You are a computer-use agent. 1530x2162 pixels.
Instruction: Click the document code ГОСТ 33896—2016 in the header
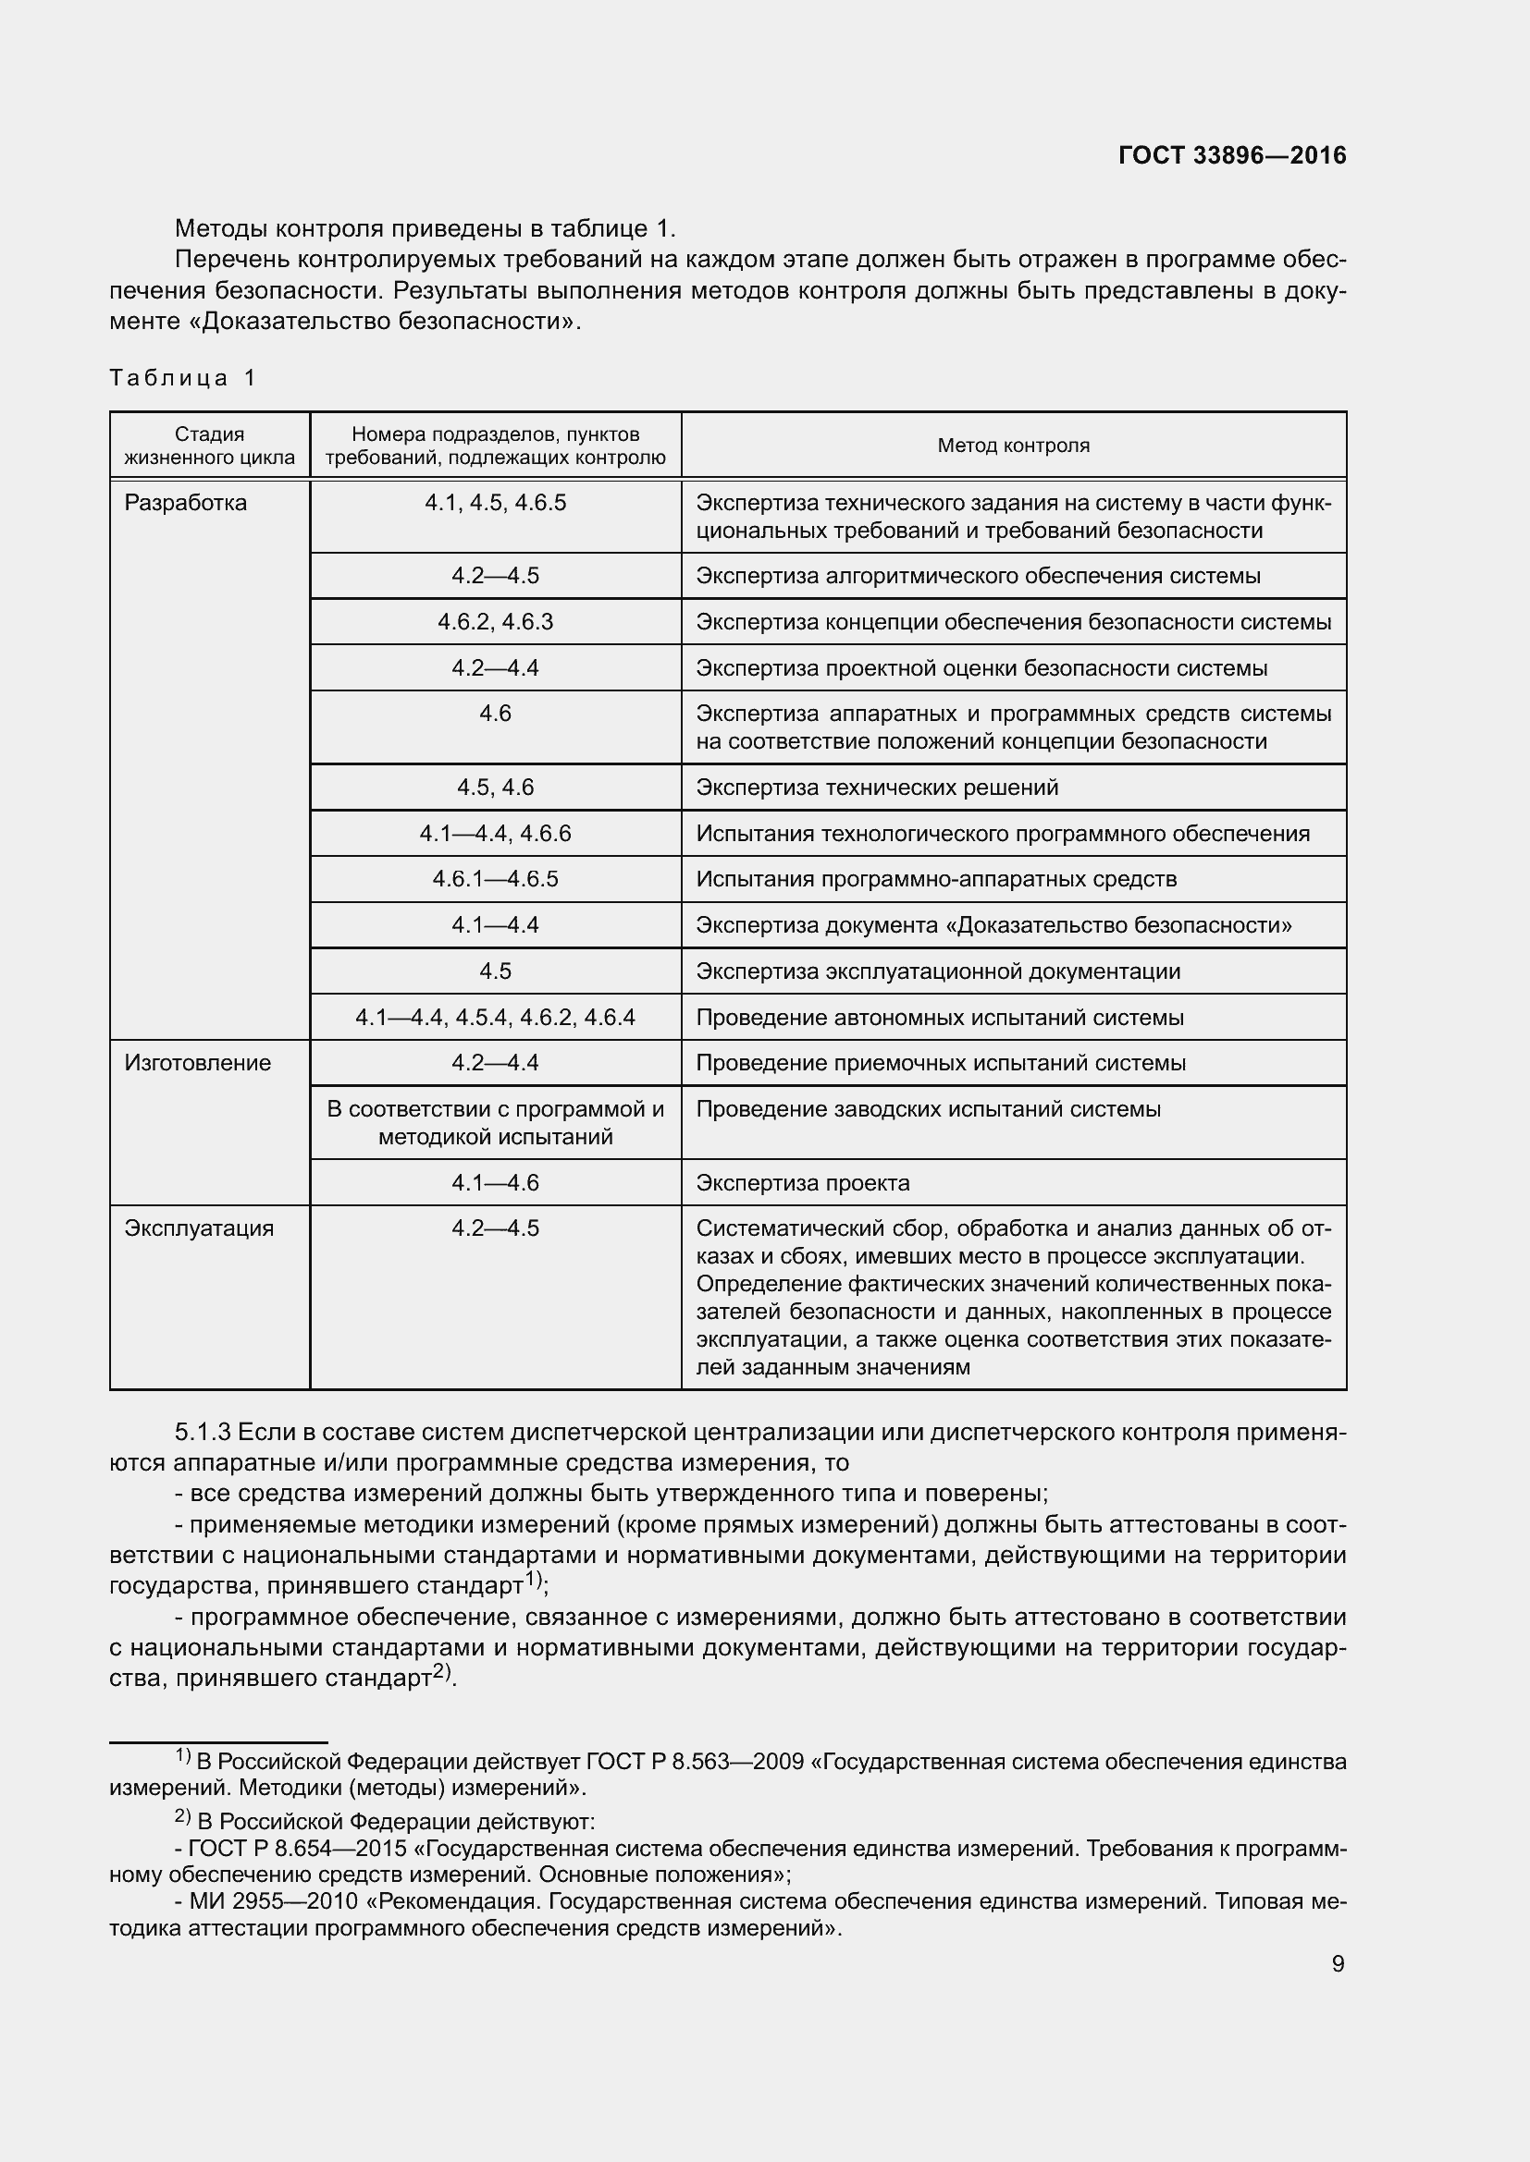[x=1231, y=155]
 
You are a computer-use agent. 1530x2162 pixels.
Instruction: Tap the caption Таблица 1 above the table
[x=183, y=378]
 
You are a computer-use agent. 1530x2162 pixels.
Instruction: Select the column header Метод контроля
[x=1013, y=446]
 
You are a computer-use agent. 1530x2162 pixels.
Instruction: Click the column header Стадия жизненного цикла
[x=209, y=446]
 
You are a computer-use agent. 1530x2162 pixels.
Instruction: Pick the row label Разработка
[x=186, y=503]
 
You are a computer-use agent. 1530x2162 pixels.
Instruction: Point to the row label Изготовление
[x=197, y=1062]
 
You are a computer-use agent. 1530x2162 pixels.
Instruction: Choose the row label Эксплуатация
[x=199, y=1228]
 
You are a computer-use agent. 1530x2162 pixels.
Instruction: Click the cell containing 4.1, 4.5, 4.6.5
[x=495, y=503]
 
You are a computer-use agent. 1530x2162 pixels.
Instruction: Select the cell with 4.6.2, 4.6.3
[x=495, y=621]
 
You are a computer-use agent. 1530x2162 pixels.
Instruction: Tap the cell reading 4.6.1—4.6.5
[x=495, y=878]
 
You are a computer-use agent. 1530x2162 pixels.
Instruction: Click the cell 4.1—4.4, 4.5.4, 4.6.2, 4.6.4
[x=495, y=1017]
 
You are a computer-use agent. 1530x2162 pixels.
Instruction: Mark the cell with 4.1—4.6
[x=495, y=1183]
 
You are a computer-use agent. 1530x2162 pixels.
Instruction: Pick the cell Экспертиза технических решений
[x=876, y=788]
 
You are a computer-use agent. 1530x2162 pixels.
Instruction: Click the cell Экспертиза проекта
[x=802, y=1183]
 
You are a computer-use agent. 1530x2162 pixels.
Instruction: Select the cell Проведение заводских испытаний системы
[x=927, y=1109]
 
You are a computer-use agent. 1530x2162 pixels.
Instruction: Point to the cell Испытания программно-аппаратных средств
[x=935, y=878]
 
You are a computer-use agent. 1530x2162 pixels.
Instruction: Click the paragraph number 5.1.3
[x=203, y=1432]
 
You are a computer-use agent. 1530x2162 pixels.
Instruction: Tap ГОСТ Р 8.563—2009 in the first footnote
[x=695, y=1761]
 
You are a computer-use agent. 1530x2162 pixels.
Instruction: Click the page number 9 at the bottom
[x=1338, y=1963]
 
